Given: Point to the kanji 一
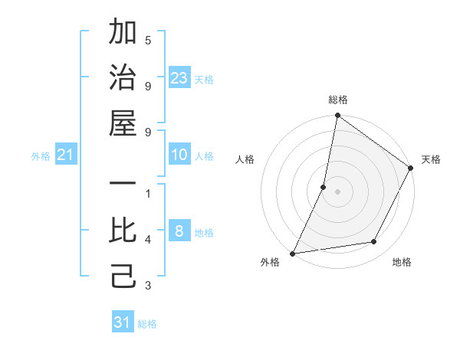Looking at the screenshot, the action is pyautogui.click(x=123, y=185).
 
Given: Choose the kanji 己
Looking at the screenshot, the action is pyautogui.click(x=123, y=275).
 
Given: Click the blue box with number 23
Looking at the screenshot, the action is pyautogui.click(x=179, y=77).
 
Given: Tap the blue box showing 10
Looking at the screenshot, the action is pyautogui.click(x=179, y=155).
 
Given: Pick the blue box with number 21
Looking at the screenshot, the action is pyautogui.click(x=66, y=155).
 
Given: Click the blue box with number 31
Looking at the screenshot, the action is pyautogui.click(x=123, y=322).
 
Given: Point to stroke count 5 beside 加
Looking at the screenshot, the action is pyautogui.click(x=148, y=41).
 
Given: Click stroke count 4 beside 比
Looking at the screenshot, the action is pyautogui.click(x=148, y=240).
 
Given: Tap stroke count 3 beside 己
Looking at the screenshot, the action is pyautogui.click(x=148, y=286).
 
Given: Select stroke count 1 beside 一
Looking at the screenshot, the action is pyautogui.click(x=148, y=194).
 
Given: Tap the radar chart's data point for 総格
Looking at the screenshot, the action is pyautogui.click(x=337, y=116).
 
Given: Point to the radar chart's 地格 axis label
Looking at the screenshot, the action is pyautogui.click(x=402, y=263).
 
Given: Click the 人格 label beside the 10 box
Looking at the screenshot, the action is pyautogui.click(x=204, y=156).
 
